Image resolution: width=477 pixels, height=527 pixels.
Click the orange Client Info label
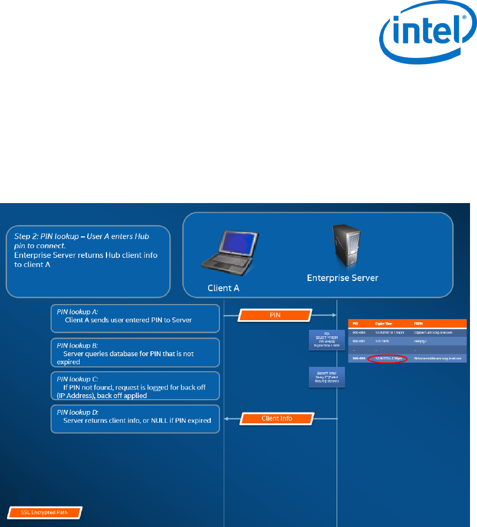pyautogui.click(x=277, y=418)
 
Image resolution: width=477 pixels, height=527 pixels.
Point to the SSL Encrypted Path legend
pyautogui.click(x=44, y=512)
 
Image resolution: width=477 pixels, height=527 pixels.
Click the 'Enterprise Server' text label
pyautogui.click(x=343, y=278)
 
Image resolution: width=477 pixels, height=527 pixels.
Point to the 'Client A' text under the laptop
pyautogui.click(x=223, y=288)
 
